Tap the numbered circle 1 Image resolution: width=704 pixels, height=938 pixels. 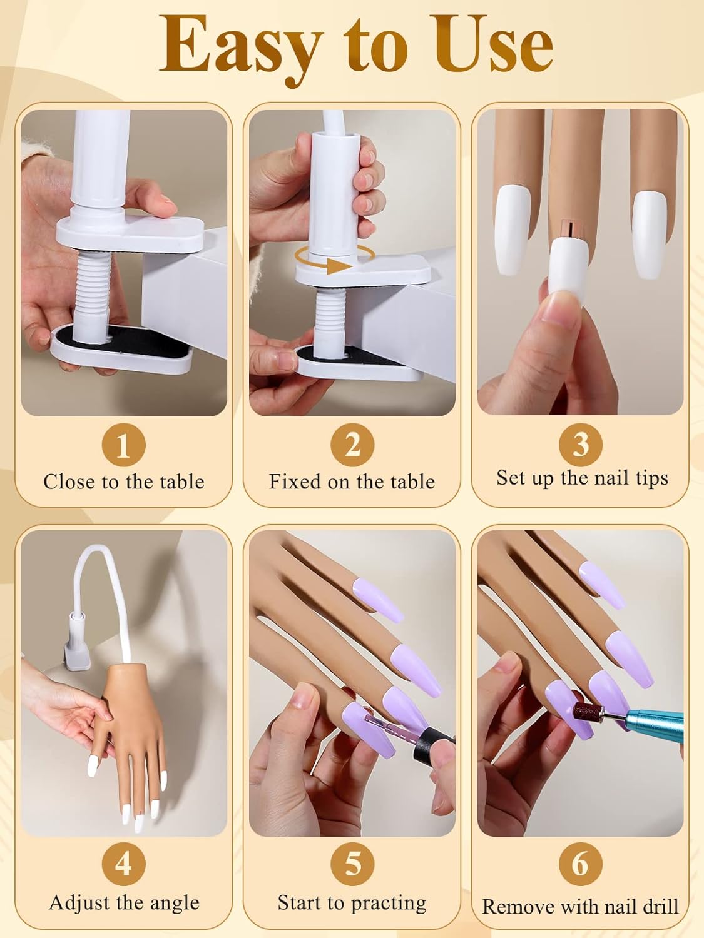pos(123,445)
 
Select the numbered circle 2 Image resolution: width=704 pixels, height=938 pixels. pos(352,445)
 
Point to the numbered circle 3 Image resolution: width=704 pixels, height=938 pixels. pos(581,444)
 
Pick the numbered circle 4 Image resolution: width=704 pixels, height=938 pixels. pos(123,864)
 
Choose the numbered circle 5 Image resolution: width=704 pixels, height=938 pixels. pos(352,864)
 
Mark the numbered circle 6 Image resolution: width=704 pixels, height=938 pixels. pos(581,864)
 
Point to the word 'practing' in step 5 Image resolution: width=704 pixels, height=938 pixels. pos(387,904)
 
